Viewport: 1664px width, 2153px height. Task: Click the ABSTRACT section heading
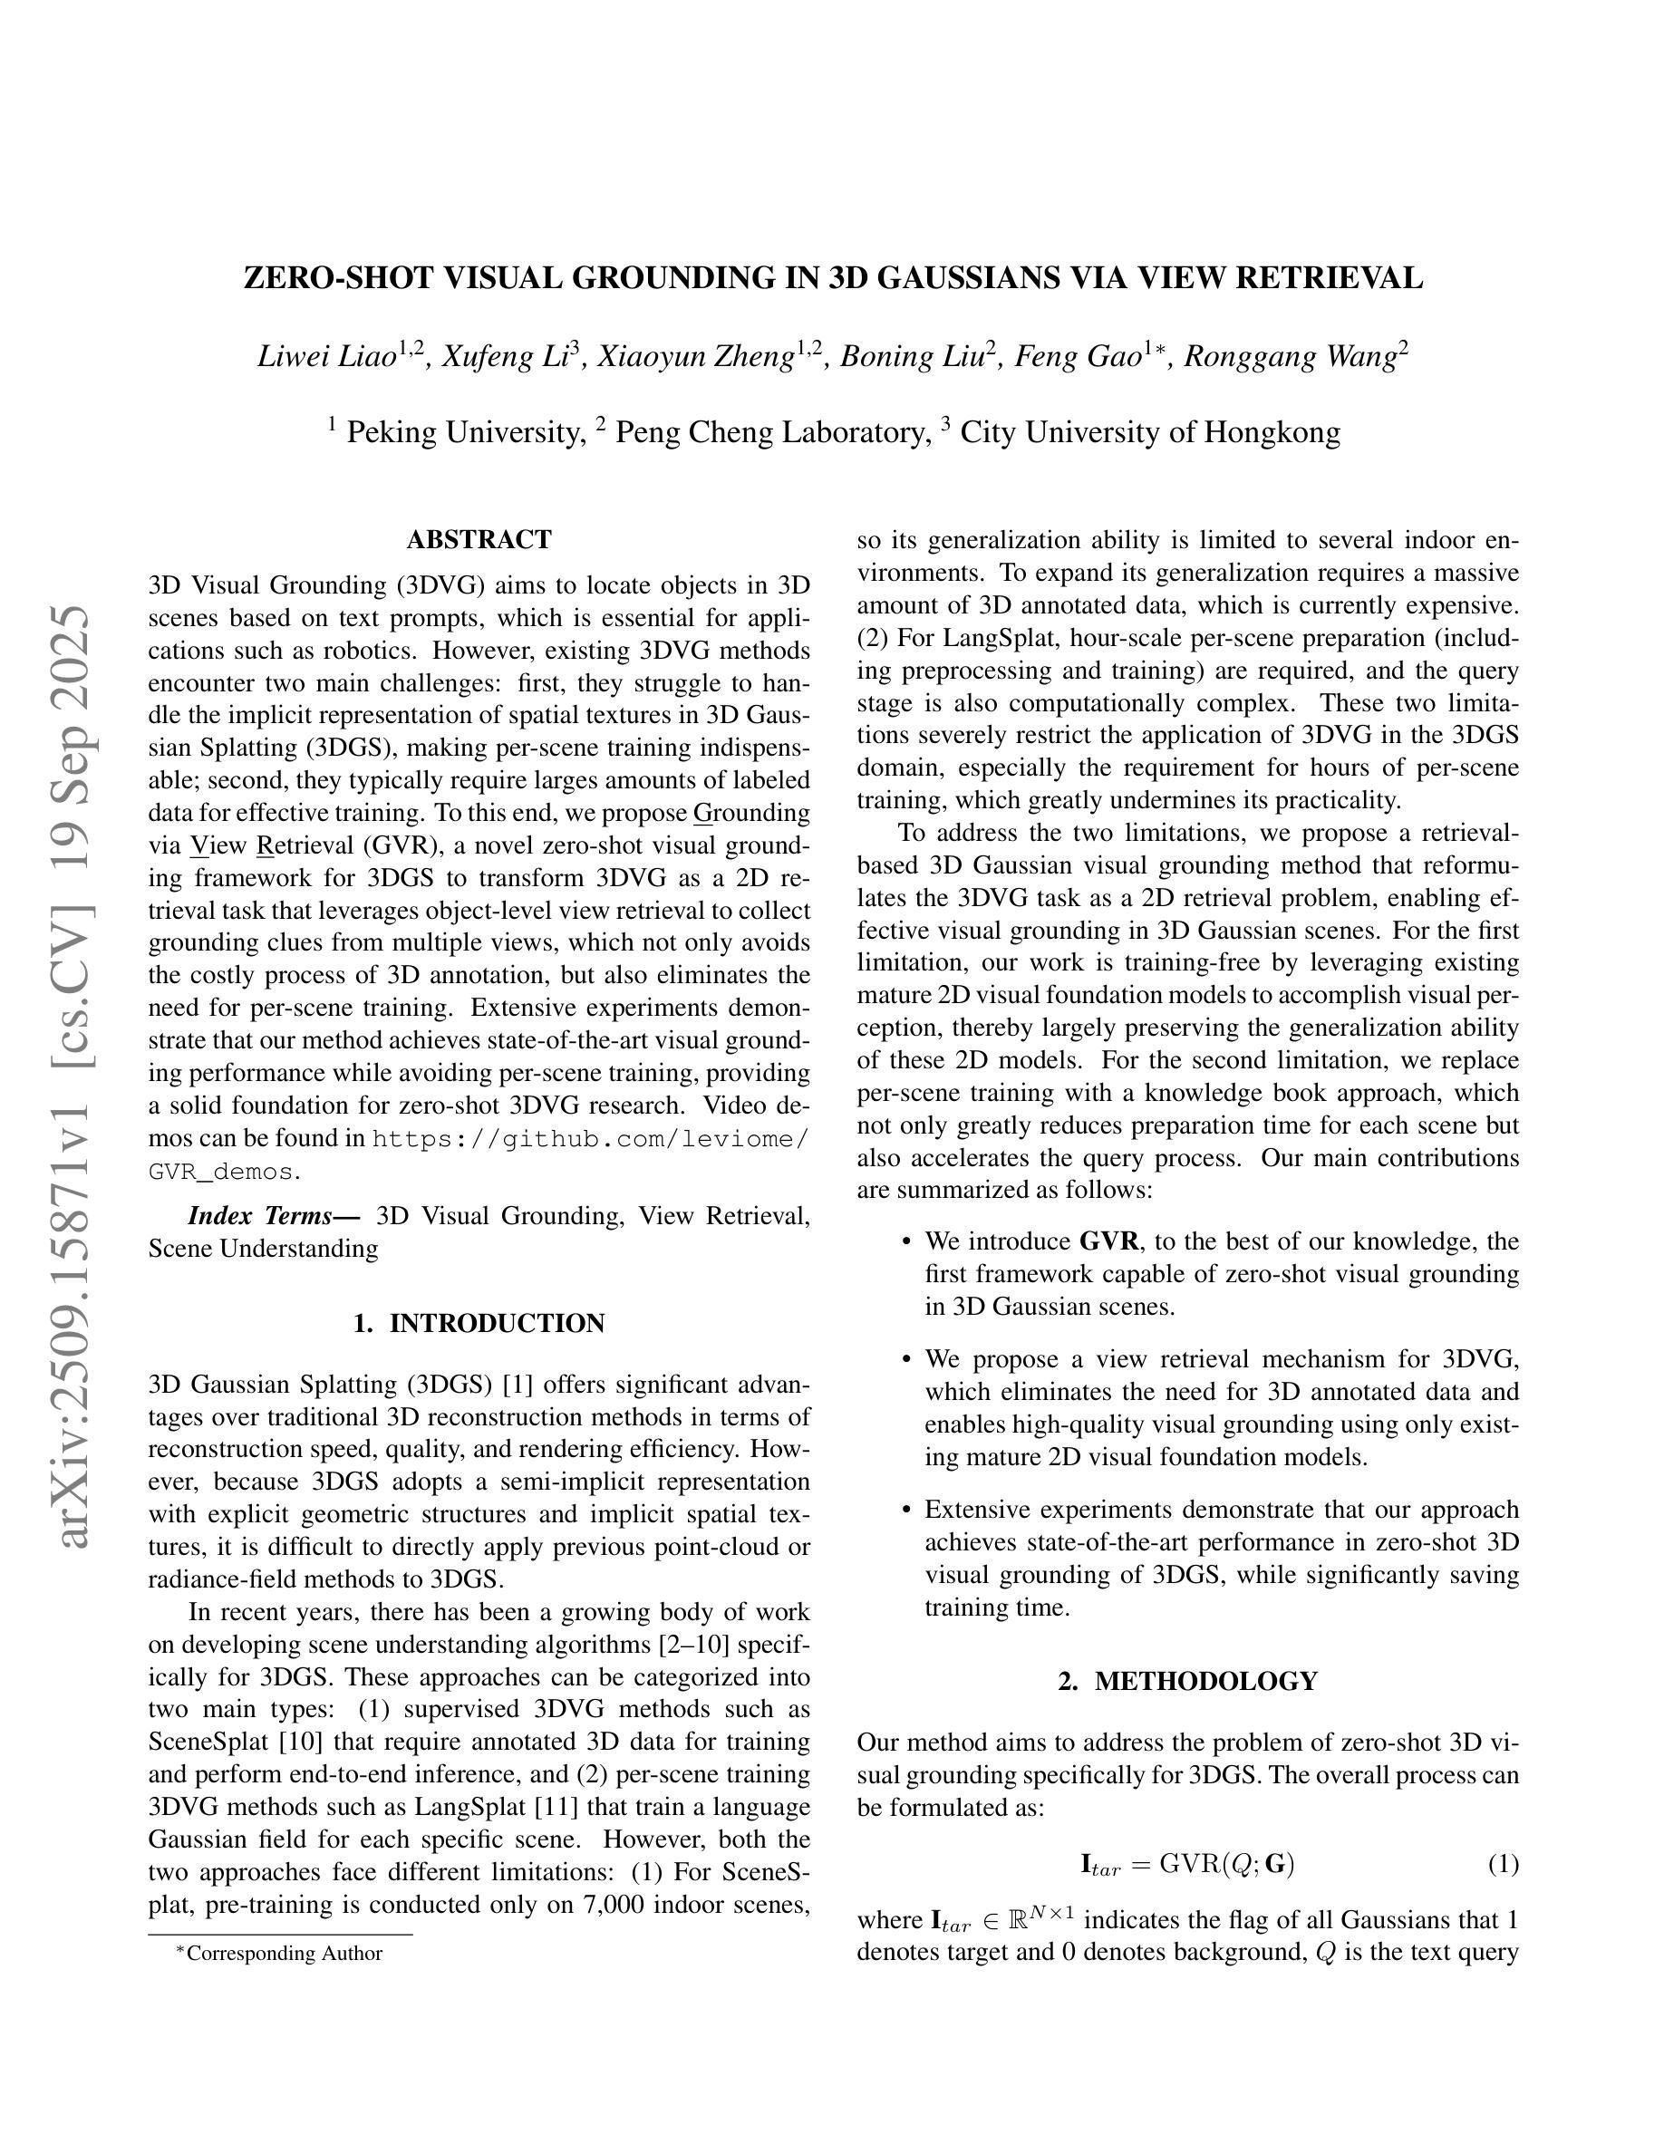(479, 540)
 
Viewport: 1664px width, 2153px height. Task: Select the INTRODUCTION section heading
(479, 1323)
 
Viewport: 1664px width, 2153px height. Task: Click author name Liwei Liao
(326, 356)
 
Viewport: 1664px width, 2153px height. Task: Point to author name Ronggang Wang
(1290, 356)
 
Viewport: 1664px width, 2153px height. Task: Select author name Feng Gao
(1078, 356)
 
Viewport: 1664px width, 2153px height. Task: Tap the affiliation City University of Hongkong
(1149, 433)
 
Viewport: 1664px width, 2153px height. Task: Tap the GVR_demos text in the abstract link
(221, 1173)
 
